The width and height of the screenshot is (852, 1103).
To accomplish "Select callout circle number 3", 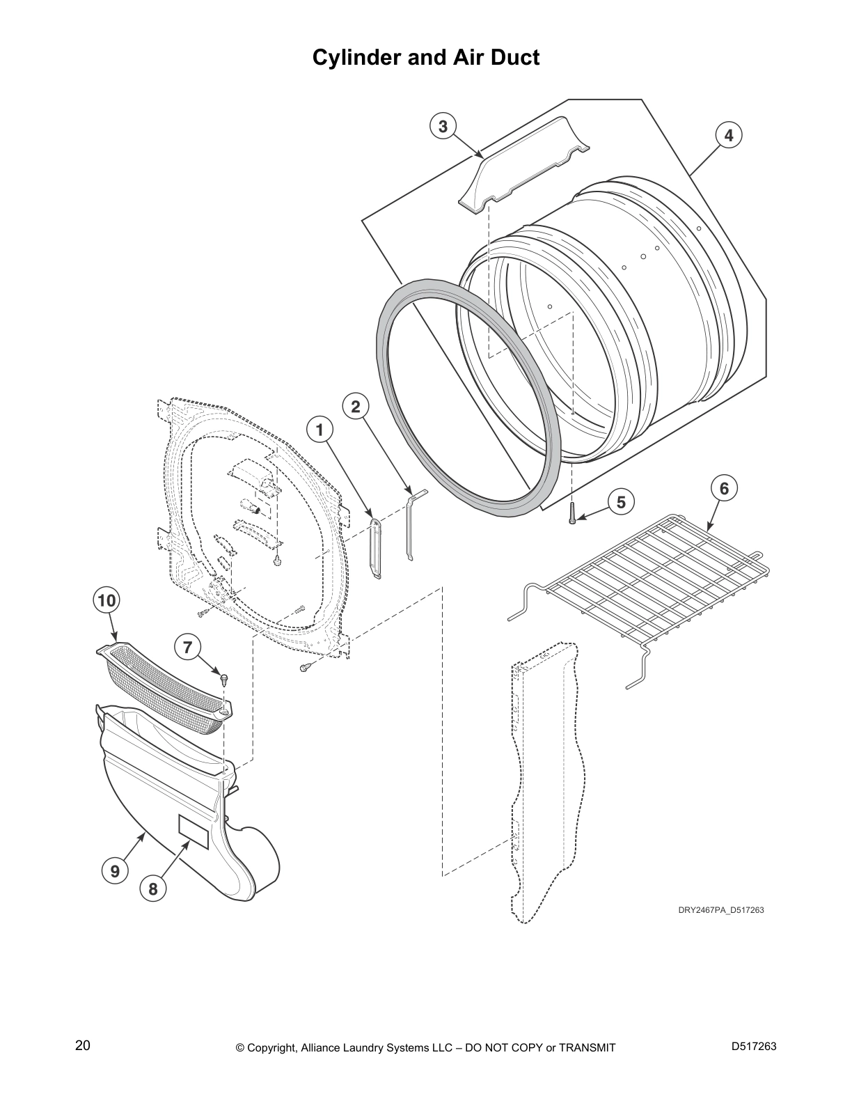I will (443, 126).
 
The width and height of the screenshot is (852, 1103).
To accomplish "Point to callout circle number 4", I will (728, 135).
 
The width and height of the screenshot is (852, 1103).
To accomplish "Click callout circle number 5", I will (621, 501).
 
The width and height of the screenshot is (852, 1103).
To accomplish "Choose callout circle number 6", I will (724, 489).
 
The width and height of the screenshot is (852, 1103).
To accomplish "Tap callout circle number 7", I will (187, 648).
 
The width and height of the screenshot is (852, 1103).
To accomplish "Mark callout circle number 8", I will (152, 889).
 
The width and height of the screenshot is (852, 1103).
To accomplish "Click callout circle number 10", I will (106, 600).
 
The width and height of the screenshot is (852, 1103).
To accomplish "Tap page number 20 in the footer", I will (82, 1046).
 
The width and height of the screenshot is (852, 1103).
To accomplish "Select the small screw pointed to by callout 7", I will (224, 678).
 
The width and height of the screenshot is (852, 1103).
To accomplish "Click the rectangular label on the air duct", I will (194, 831).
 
